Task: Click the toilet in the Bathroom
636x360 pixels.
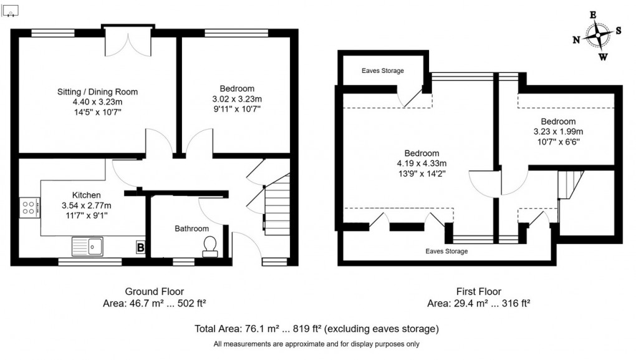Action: pos(210,246)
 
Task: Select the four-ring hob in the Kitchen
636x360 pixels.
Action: pos(29,207)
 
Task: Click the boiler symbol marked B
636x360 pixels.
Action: pos(142,248)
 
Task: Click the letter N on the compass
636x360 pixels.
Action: pos(576,40)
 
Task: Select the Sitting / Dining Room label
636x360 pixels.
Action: pos(97,92)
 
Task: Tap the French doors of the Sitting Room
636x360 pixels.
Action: pos(128,42)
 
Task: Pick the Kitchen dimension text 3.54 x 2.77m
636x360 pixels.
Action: pos(86,206)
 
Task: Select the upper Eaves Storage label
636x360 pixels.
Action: pos(382,71)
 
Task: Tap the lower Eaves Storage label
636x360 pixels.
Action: pos(446,251)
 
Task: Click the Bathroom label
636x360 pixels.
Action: pos(191,229)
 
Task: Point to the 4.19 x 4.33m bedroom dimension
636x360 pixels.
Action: pos(422,163)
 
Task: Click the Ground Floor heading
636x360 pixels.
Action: pos(155,291)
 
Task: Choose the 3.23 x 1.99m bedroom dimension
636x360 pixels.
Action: pos(558,132)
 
